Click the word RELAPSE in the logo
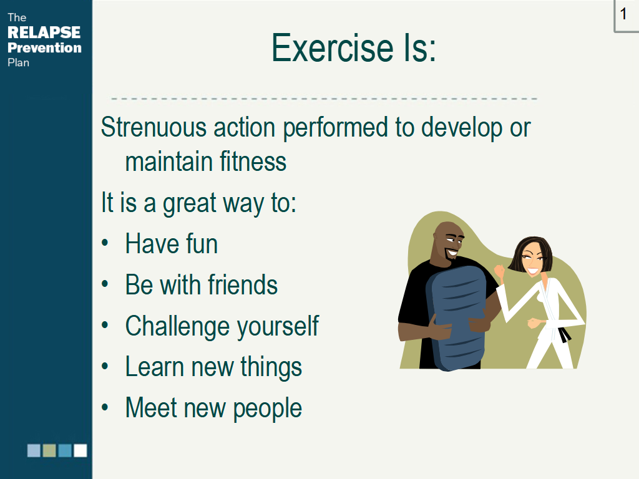(x=44, y=32)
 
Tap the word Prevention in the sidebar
(x=44, y=47)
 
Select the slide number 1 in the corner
(x=623, y=14)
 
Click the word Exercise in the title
(x=332, y=48)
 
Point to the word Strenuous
(x=154, y=127)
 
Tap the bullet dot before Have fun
(x=105, y=243)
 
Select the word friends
(x=243, y=284)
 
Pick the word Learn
(x=155, y=367)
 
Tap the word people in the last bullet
(x=267, y=409)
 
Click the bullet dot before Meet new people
(x=105, y=407)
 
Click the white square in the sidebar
(x=80, y=450)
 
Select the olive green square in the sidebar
(x=49, y=450)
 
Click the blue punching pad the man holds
(x=456, y=317)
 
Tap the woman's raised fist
(x=499, y=271)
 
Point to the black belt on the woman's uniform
(x=564, y=335)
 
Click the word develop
(x=462, y=128)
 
